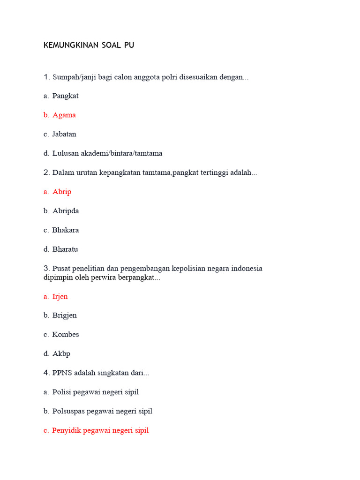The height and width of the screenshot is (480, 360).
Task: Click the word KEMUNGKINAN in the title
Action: pyautogui.click(x=71, y=45)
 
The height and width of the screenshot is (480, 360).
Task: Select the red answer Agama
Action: pyautogui.click(x=64, y=115)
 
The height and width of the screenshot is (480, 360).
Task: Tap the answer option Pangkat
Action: pyautogui.click(x=65, y=96)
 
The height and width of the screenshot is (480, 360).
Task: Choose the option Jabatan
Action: pyautogui.click(x=64, y=134)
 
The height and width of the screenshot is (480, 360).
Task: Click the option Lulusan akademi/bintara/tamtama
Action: pyautogui.click(x=107, y=153)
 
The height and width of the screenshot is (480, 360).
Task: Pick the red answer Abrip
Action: pyautogui.click(x=62, y=192)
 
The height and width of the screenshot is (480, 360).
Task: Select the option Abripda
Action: pyautogui.click(x=66, y=211)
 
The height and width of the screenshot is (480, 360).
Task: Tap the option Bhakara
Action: pyautogui.click(x=65, y=230)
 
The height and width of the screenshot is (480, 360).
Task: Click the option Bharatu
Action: pyautogui.click(x=65, y=249)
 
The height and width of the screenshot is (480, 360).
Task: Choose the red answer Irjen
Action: pyautogui.click(x=60, y=297)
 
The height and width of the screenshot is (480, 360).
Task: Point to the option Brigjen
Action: pyautogui.click(x=65, y=315)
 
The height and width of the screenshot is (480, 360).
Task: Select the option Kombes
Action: pyautogui.click(x=65, y=335)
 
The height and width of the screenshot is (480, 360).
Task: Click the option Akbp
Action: pyautogui.click(x=61, y=354)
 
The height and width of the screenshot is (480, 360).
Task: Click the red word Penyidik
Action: pyautogui.click(x=67, y=430)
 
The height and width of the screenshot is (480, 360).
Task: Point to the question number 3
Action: pyautogui.click(x=46, y=269)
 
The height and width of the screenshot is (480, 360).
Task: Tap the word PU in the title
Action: pyautogui.click(x=129, y=45)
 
